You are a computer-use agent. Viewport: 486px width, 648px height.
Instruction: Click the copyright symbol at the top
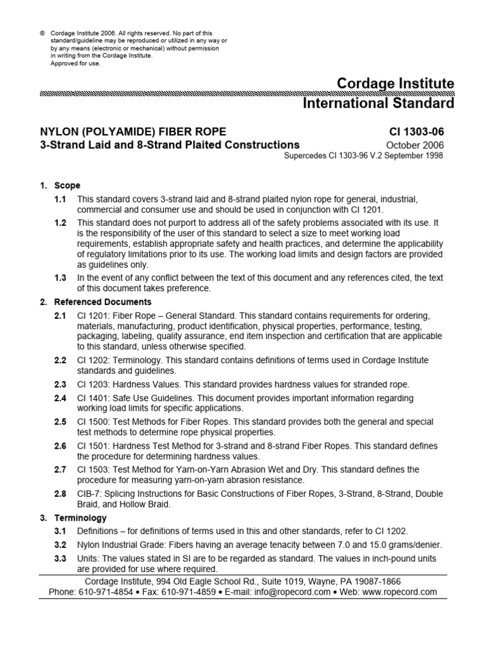pyautogui.click(x=42, y=33)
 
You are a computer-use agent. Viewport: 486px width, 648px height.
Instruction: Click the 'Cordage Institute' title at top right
pyautogui.click(x=396, y=84)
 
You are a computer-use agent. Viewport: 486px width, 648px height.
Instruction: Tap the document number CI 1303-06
pyautogui.click(x=416, y=132)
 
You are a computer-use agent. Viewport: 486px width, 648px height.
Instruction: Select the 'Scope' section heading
pyautogui.click(x=67, y=186)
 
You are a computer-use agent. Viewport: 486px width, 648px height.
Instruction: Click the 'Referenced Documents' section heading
pyautogui.click(x=103, y=302)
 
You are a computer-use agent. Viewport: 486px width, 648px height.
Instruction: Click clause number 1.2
pyautogui.click(x=60, y=223)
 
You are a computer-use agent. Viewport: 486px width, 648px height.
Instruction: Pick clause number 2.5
pyautogui.click(x=60, y=421)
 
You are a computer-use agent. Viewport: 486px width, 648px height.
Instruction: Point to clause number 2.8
pyautogui.click(x=60, y=494)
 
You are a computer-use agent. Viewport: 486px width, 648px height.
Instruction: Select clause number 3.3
pyautogui.click(x=60, y=559)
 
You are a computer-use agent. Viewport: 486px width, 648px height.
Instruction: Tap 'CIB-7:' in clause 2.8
pyautogui.click(x=90, y=494)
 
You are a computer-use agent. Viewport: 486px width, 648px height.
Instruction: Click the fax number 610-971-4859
pyautogui.click(x=189, y=592)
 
